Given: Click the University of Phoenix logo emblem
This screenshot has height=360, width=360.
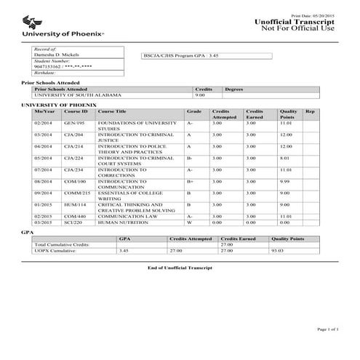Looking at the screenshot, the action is click(x=31, y=21).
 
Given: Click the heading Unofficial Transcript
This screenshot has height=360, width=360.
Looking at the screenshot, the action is click(x=295, y=22).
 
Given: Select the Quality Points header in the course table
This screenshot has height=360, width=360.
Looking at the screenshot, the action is click(x=288, y=114).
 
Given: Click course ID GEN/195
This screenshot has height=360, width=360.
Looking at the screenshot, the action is click(x=75, y=124).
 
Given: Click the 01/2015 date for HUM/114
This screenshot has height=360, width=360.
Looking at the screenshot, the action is click(x=43, y=204).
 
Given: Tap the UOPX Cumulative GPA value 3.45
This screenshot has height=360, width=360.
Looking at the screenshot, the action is click(x=124, y=250).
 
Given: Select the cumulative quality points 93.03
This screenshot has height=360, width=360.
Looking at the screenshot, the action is click(x=278, y=250).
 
